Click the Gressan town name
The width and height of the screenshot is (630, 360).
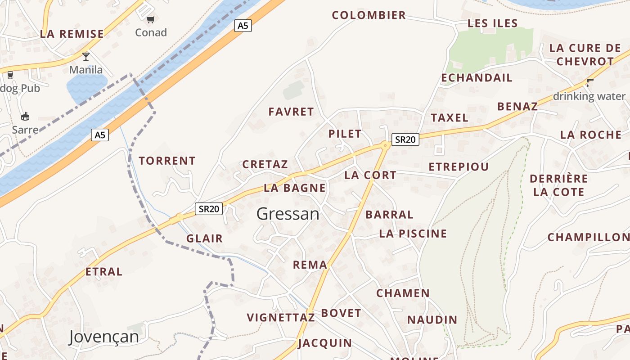pos(288,214)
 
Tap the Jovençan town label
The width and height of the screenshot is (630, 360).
pos(103,337)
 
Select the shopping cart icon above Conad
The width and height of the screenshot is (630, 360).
pos(150,19)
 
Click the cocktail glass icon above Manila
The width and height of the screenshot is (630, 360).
pos(86,56)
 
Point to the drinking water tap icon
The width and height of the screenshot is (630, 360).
pos(589,83)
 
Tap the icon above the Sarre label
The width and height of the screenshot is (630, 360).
pos(25,116)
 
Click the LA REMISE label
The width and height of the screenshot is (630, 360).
pos(72,34)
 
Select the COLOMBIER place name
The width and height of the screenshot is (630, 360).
pos(369,15)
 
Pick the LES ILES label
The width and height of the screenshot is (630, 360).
pos(493,23)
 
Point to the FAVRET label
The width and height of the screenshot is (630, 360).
pos(291,112)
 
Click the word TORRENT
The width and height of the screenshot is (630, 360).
pos(167,161)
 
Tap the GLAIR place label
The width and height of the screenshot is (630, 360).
pos(205,238)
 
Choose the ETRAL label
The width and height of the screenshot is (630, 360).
pos(104,272)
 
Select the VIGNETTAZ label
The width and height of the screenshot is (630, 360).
pos(281,318)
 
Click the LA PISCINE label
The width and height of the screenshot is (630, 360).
pos(413,234)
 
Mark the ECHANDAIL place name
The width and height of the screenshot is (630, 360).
pos(477,78)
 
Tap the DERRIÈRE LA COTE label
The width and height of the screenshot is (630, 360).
pos(559,185)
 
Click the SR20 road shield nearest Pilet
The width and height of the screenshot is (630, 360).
pos(405,139)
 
